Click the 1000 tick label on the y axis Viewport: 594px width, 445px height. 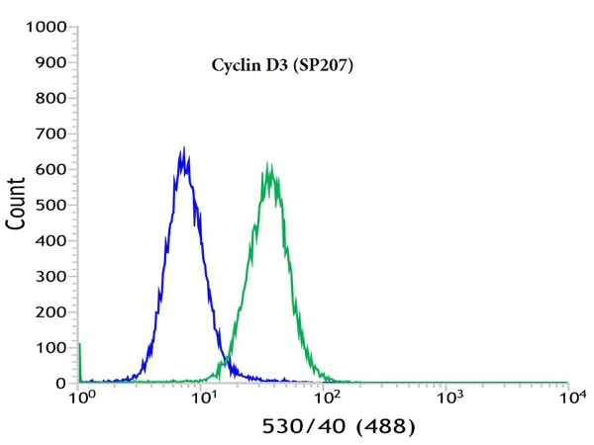(46, 28)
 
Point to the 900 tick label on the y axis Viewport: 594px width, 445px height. (49, 63)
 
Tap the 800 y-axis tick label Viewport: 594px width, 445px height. (49, 99)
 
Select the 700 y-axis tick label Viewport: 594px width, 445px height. (49, 134)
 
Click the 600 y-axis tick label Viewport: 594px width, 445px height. (49, 170)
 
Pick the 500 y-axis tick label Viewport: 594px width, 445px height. (49, 206)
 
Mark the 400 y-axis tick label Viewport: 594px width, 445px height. (49, 241)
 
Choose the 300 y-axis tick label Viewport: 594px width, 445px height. (49, 277)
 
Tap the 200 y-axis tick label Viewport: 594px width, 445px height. (49, 312)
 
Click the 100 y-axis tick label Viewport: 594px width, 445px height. (49, 348)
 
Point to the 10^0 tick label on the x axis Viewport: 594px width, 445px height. (82, 398)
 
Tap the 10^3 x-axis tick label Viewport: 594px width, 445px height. (449, 398)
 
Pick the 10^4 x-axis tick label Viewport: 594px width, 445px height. (570, 398)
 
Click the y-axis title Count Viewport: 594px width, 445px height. (17, 203)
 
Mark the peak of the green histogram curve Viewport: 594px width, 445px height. (267, 163)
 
